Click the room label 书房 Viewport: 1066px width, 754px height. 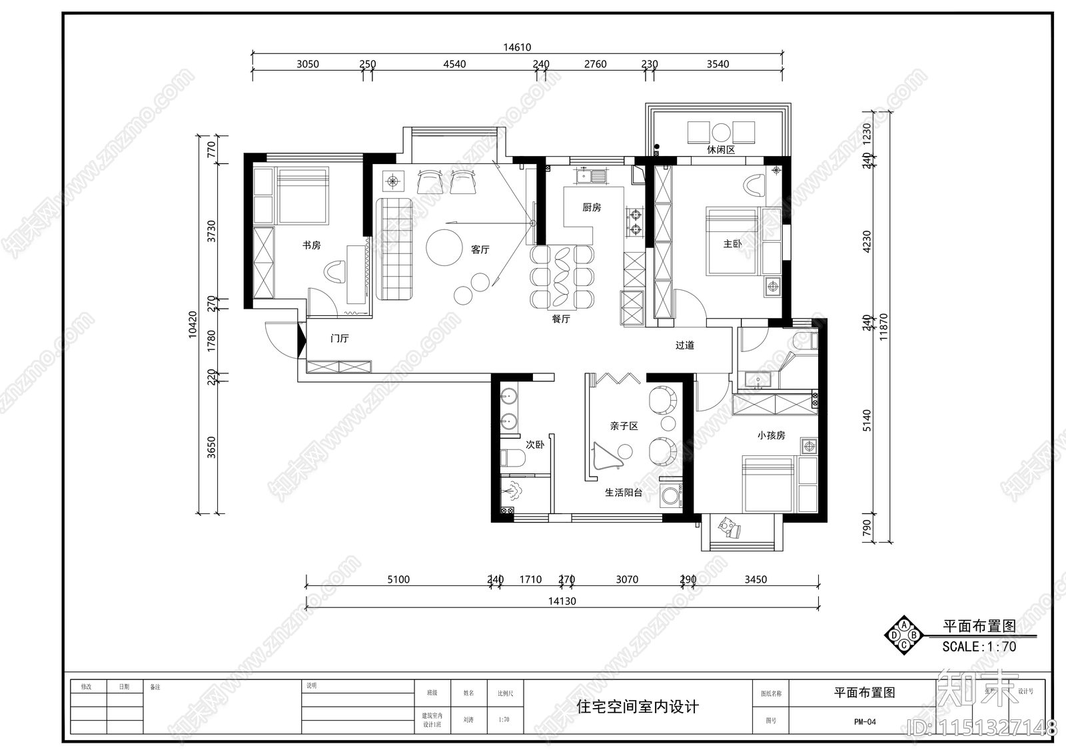coord(311,245)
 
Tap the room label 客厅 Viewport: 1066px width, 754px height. coord(480,249)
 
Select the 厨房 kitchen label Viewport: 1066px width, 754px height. coord(592,207)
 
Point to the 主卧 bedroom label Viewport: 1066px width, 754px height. coord(732,244)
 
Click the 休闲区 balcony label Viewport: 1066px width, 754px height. coord(721,150)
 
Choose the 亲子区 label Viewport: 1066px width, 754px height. coord(624,426)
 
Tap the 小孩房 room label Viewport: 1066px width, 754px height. coord(771,435)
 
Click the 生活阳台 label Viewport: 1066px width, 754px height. coord(624,493)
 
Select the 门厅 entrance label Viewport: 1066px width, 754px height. coord(340,339)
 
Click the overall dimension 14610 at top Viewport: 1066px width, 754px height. coord(517,47)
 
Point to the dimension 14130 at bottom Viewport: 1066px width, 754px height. coord(562,601)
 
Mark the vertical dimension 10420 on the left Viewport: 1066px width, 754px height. coord(193,325)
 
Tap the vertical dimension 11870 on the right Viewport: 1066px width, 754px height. coord(883,327)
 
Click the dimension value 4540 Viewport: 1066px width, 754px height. coord(454,65)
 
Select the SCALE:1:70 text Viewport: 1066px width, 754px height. coord(978,647)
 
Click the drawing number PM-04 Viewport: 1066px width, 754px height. coord(865,721)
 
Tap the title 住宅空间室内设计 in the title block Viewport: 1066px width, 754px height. coord(638,707)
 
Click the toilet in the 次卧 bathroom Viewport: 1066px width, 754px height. coord(510,459)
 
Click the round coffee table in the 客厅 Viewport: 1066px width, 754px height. coord(444,248)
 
